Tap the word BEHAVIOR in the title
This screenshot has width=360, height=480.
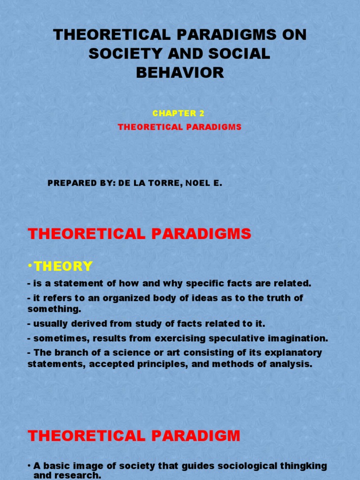180,73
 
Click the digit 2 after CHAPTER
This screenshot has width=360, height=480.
202,113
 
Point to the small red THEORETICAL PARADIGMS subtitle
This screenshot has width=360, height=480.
180,127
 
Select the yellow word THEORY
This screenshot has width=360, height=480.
63,266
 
